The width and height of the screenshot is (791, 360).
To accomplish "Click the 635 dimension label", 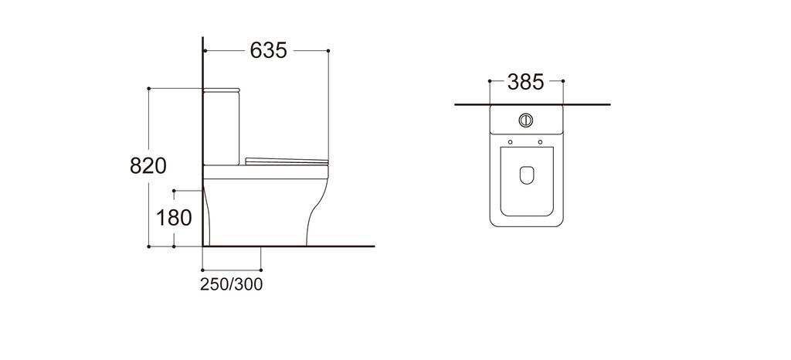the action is (x=268, y=50).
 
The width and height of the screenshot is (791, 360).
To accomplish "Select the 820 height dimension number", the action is (x=148, y=165).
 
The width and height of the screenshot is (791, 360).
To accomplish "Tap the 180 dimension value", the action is (x=174, y=218).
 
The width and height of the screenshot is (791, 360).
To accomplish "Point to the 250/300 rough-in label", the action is (x=232, y=284).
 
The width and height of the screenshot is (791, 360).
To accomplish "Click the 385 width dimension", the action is (x=525, y=82).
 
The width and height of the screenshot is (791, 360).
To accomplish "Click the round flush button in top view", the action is (x=525, y=120).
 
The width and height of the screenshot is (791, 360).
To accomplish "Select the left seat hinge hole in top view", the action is (x=511, y=141).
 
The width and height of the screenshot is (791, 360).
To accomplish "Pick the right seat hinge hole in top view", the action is (x=540, y=141).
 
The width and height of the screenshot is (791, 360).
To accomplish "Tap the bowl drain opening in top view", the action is (x=527, y=175).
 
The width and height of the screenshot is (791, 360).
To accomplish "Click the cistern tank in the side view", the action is (x=222, y=128).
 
